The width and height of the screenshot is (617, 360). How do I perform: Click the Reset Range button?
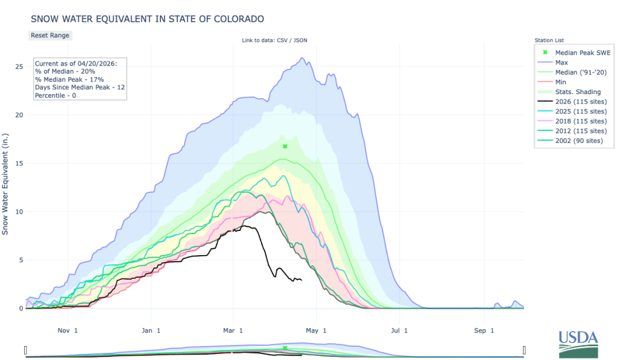click(x=50, y=35)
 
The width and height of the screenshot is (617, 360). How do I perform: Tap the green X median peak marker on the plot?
click(x=285, y=147)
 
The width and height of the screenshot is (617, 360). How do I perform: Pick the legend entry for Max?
click(x=561, y=62)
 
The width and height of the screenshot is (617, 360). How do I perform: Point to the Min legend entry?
click(x=560, y=82)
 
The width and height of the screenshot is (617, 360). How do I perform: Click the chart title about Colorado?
click(x=147, y=19)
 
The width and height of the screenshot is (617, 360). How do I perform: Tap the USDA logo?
click(x=578, y=345)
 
